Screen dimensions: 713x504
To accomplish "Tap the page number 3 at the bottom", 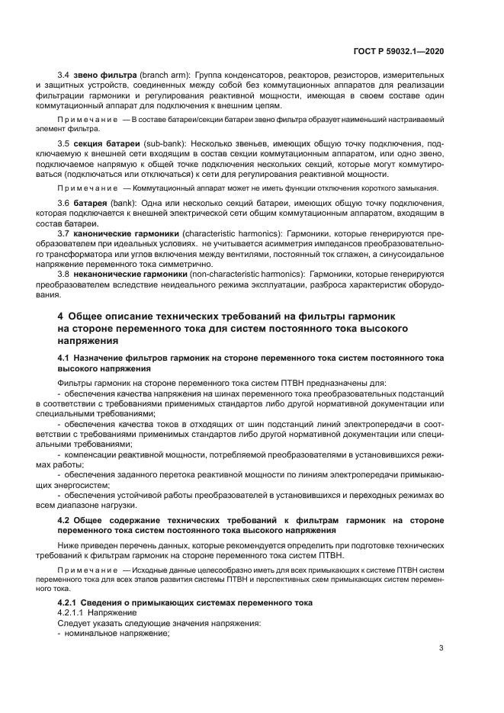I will pos(441,648).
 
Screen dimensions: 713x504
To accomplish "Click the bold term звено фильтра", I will pos(107,75).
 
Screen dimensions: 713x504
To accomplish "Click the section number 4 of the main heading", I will pos(61,316).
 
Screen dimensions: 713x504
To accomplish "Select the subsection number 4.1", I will pos(64,358).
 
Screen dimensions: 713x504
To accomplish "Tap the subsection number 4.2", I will pos(64,520).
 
